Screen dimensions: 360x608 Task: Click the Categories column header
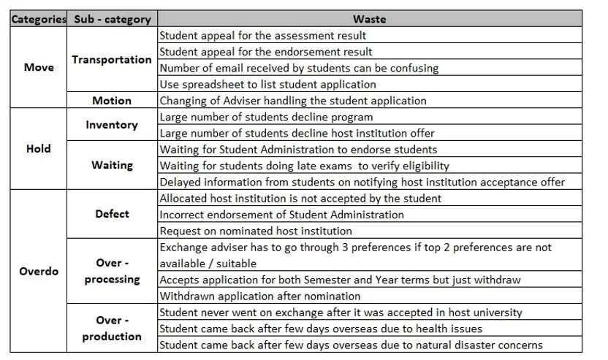[x=38, y=19]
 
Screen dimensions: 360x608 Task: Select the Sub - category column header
[x=112, y=19]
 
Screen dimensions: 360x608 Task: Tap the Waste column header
[x=369, y=19]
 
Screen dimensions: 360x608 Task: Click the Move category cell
[x=38, y=67]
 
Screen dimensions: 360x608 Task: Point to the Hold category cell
[x=38, y=148]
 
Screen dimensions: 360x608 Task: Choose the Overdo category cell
[x=38, y=271]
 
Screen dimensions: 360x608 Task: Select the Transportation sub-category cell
[x=112, y=60]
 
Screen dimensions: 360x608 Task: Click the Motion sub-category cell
[x=112, y=100]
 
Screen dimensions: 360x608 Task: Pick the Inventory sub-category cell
[x=112, y=125]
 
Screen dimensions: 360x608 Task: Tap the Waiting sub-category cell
[x=112, y=165]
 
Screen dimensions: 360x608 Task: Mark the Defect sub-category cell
[x=112, y=214]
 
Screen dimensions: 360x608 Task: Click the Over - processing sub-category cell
[x=112, y=271]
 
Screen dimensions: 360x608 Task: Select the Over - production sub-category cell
[x=112, y=328]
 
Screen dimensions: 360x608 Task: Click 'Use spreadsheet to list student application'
[x=267, y=84]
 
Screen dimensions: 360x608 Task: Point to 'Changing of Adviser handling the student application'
[x=292, y=100]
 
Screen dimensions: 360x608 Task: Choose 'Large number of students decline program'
[x=266, y=117]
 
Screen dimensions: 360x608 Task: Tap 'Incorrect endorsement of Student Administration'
[x=281, y=215]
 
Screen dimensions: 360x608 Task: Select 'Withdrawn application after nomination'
[x=259, y=296]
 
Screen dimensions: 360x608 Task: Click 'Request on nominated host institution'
[x=256, y=231]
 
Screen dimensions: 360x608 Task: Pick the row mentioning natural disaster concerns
[x=351, y=345]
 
